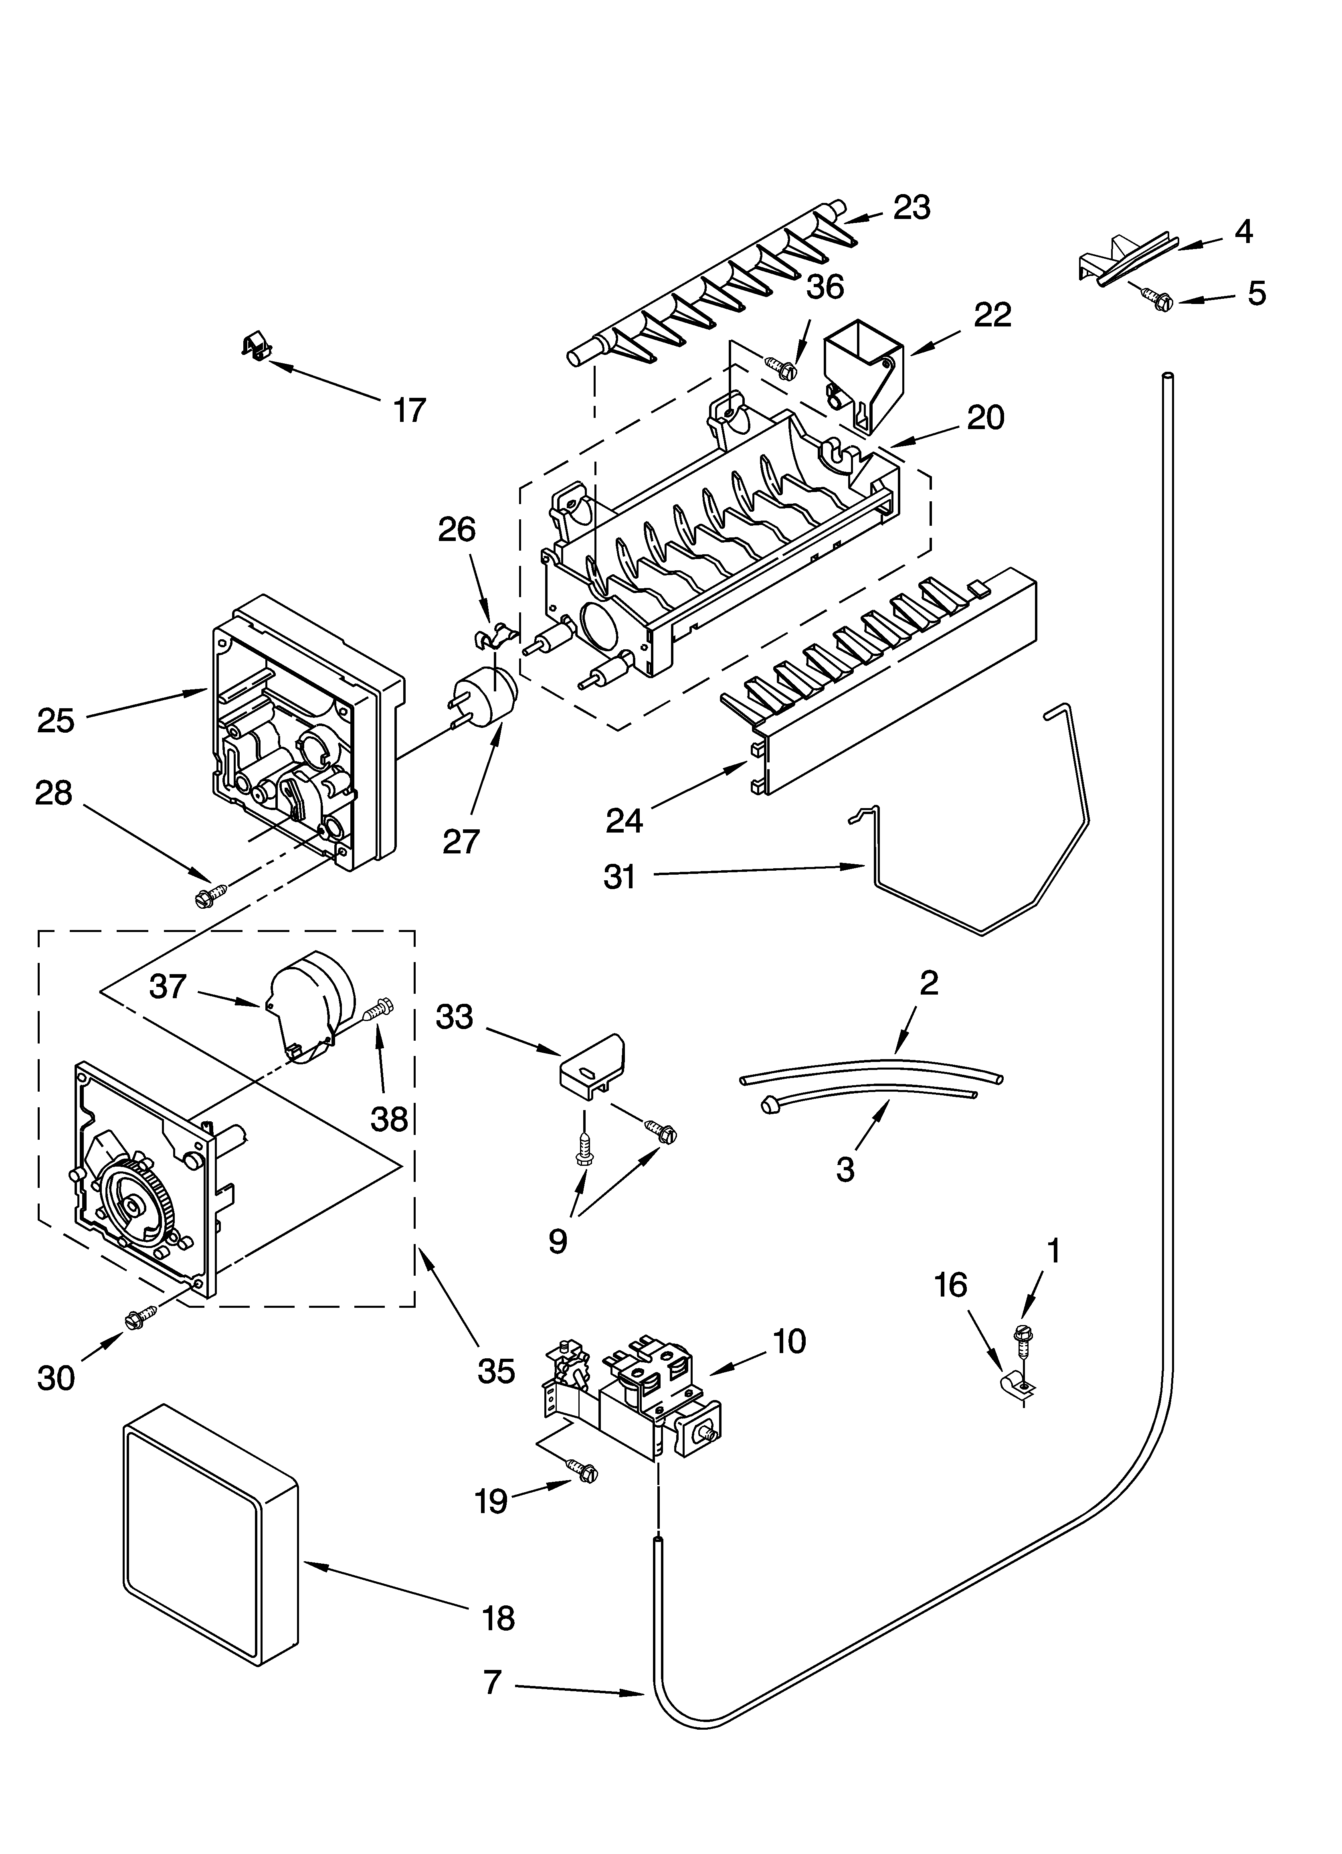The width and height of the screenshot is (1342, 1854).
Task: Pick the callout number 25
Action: (x=56, y=720)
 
